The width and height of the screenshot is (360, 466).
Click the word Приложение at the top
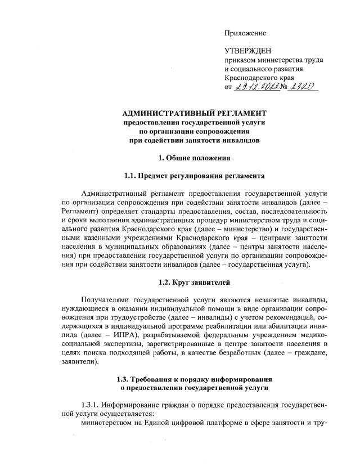245,33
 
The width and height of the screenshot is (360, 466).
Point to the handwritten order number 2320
302,87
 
